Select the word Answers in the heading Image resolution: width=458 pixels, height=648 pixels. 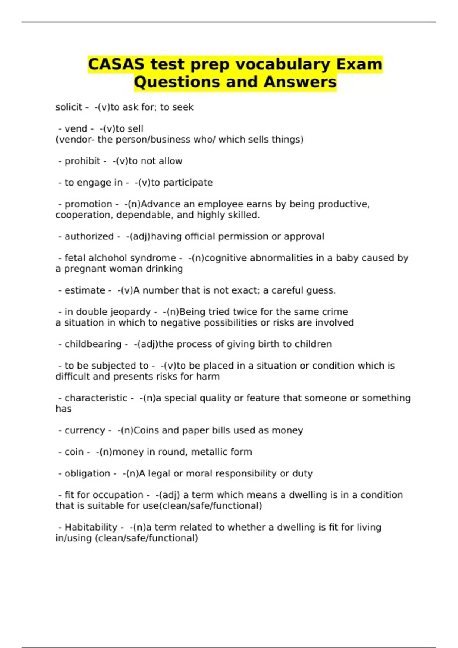(x=300, y=82)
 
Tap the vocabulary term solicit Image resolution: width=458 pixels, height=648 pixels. (x=69, y=107)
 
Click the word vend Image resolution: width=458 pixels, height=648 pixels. (x=76, y=129)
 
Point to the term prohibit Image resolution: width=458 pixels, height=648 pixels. (x=82, y=161)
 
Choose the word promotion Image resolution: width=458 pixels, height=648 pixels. (x=89, y=204)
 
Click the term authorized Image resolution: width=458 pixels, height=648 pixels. (x=89, y=237)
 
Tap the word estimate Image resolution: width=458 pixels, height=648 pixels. (x=85, y=290)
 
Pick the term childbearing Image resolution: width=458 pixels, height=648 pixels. (x=93, y=344)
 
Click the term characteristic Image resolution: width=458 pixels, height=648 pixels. (x=96, y=398)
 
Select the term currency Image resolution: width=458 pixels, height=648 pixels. (x=85, y=430)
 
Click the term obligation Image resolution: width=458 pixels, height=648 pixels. (x=87, y=473)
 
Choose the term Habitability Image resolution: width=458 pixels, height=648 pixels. (x=91, y=528)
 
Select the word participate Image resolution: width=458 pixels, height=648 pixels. (x=188, y=183)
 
